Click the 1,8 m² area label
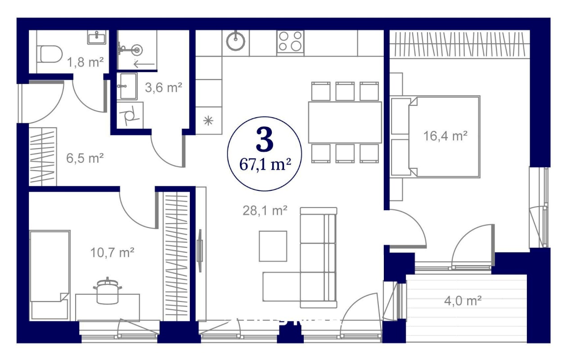click(x=85, y=62)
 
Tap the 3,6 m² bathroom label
click(x=163, y=87)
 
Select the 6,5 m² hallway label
click(x=85, y=158)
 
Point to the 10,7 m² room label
click(x=112, y=252)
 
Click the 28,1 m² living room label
click(x=265, y=211)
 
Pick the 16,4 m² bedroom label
click(x=445, y=136)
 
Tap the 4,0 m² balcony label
click(x=463, y=301)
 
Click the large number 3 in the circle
click(x=265, y=139)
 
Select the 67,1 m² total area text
click(x=265, y=165)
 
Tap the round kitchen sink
click(x=235, y=41)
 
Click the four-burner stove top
click(x=290, y=41)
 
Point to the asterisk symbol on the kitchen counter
click(x=208, y=121)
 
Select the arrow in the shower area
click(x=144, y=64)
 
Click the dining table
click(x=345, y=122)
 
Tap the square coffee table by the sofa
click(x=273, y=246)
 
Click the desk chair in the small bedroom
click(x=108, y=291)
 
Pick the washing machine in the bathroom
click(x=130, y=115)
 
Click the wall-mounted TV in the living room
click(x=200, y=251)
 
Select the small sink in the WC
click(x=97, y=37)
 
